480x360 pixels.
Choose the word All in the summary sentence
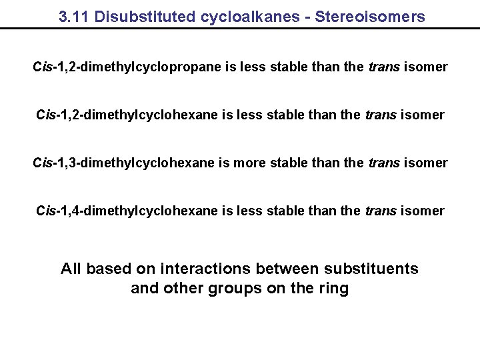coord(71,269)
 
